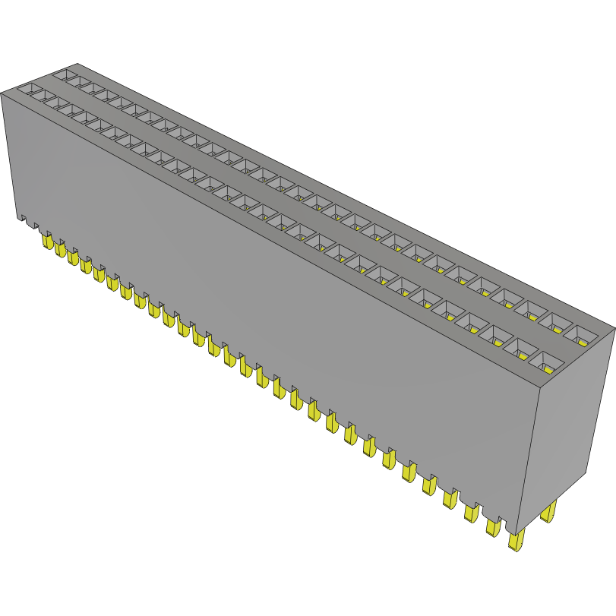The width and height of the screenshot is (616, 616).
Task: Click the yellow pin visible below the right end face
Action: coord(548,512)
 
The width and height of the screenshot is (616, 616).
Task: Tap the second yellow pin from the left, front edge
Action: coord(60,250)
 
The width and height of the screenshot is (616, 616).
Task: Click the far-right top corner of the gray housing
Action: coord(614,328)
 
